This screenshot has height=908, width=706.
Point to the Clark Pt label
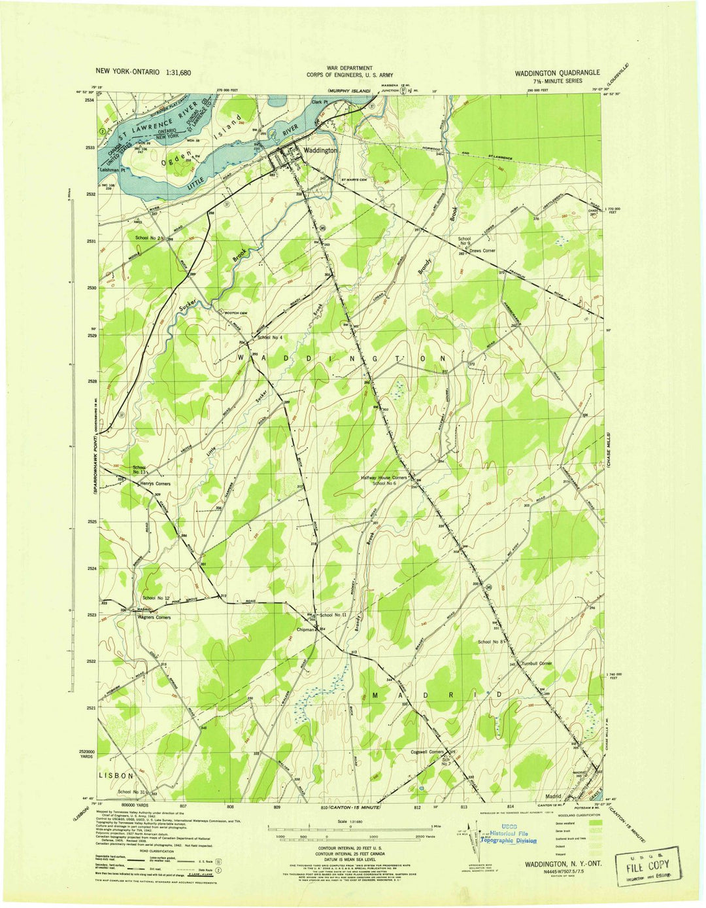[318, 102]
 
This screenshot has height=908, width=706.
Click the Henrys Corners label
[154, 483]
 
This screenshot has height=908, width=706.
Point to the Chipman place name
[306, 629]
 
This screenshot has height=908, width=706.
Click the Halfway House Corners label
[384, 478]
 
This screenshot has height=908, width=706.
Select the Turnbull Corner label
[537, 663]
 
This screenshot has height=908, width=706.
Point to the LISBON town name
[116, 775]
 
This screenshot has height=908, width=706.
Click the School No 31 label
[133, 792]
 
